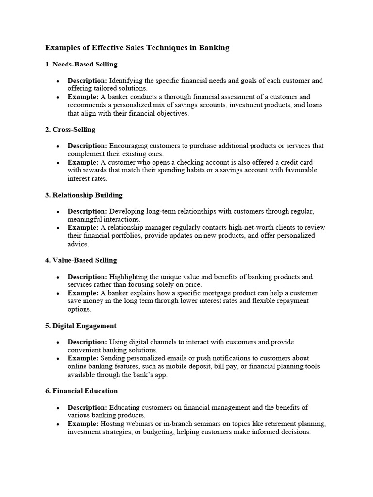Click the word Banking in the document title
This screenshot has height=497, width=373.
point(212,48)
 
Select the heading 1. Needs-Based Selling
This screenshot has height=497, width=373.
point(81,64)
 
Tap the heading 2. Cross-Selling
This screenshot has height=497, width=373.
point(70,130)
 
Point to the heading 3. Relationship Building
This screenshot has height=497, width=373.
point(84,195)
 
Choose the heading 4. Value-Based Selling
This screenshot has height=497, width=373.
point(81,260)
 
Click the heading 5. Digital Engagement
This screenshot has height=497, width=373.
point(81,326)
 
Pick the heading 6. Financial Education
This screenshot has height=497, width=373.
point(81,391)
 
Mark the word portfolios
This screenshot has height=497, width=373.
point(141,236)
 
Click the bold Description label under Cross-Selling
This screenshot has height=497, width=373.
point(87,146)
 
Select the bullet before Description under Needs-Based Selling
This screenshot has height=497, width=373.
point(58,81)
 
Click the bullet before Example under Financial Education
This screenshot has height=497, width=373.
point(58,424)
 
